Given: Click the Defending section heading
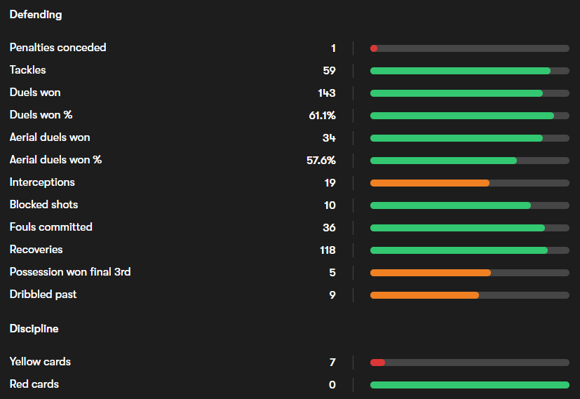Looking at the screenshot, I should click(x=36, y=14).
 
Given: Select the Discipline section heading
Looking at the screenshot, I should click(x=34, y=328).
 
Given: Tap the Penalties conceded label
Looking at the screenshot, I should click(x=58, y=48).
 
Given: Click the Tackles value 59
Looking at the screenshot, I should click(x=329, y=70).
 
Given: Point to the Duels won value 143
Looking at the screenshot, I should click(x=326, y=93).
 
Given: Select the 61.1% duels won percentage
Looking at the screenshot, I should click(x=322, y=115).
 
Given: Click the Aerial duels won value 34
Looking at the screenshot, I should click(x=329, y=137).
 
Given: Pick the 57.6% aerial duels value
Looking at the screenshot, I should click(x=321, y=160).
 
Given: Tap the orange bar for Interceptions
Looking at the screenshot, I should click(x=429, y=183).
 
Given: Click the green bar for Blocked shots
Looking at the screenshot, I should click(x=450, y=205).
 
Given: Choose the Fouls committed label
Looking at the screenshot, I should click(x=50, y=227).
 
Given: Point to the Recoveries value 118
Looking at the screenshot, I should click(x=326, y=250).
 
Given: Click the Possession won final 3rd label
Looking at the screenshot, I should click(x=70, y=272).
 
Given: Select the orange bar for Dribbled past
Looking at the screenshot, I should click(x=424, y=295).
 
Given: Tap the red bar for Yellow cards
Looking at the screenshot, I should click(x=377, y=363).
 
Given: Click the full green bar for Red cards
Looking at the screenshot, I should click(x=469, y=385).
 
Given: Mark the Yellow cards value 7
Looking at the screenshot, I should click(x=332, y=362).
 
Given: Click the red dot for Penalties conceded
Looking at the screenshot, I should click(x=374, y=48).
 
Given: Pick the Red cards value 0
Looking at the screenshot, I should click(x=332, y=384).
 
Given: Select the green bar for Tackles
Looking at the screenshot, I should click(x=460, y=71).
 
